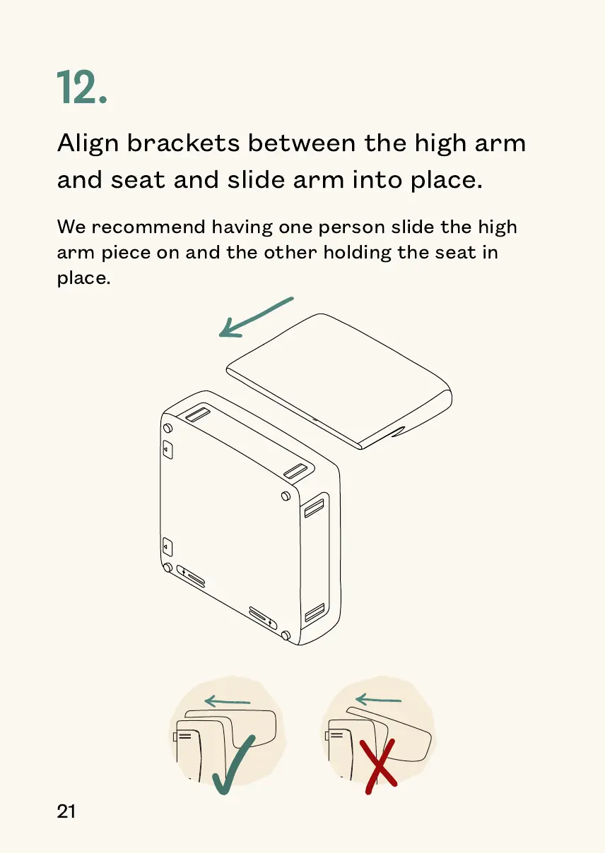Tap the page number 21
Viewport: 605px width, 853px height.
(x=66, y=811)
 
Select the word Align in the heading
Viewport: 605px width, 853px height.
(x=88, y=145)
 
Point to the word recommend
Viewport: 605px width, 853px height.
(x=150, y=227)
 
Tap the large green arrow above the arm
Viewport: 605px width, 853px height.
(x=256, y=316)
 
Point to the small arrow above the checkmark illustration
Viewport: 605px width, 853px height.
(x=227, y=702)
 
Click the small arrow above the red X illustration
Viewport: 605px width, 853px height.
(x=378, y=700)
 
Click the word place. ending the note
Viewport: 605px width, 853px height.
(x=83, y=278)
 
